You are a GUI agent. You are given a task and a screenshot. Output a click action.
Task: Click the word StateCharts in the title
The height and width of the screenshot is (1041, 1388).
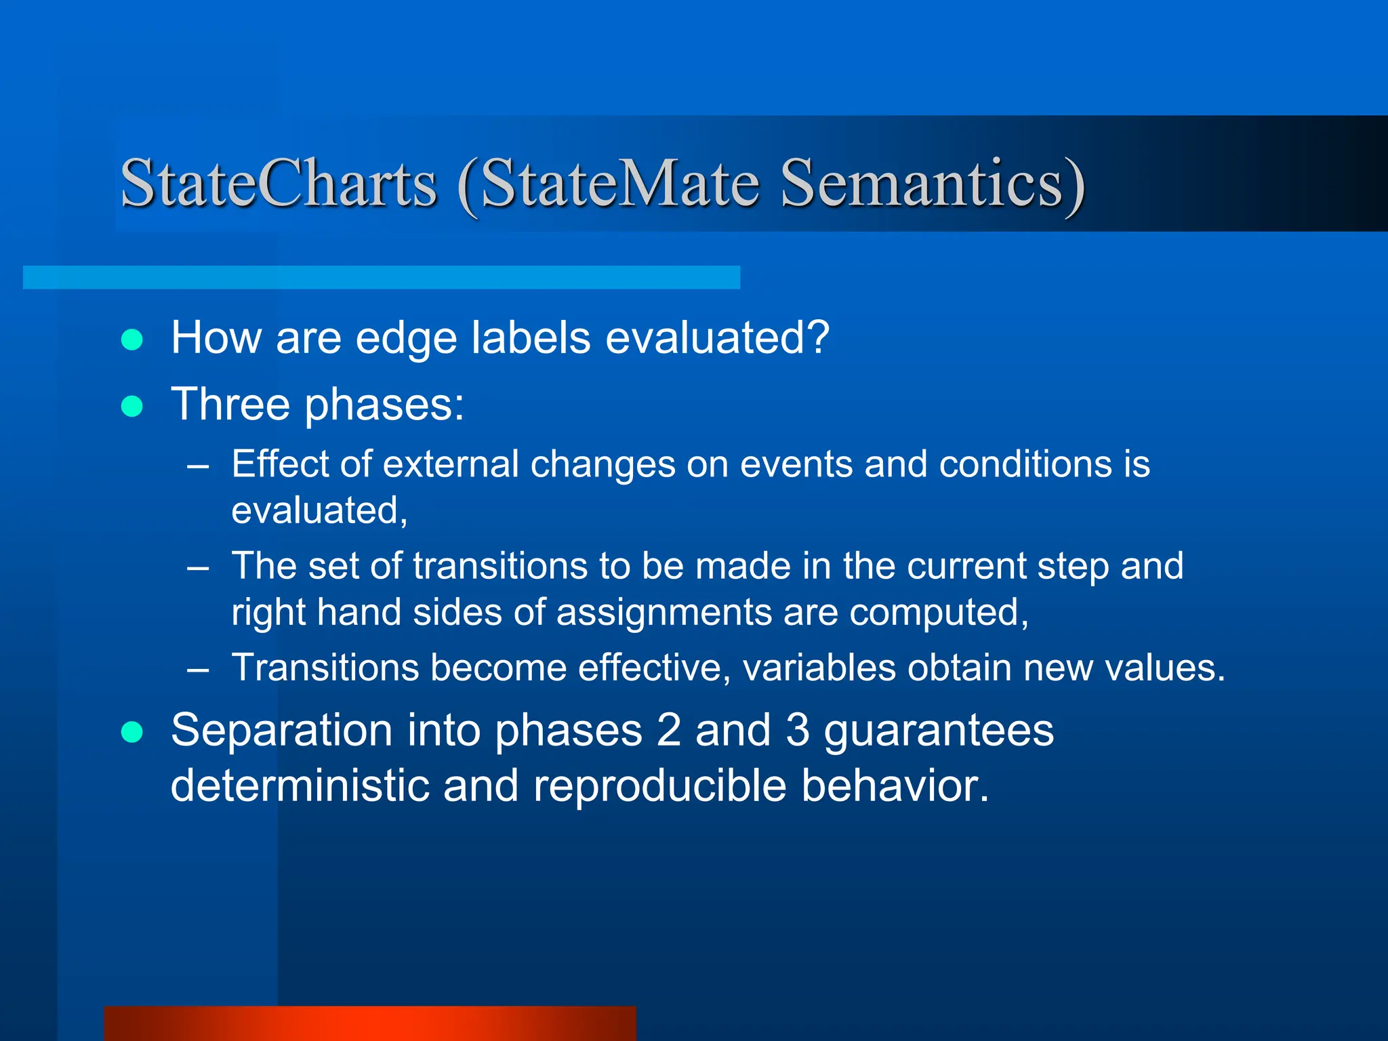pos(279,183)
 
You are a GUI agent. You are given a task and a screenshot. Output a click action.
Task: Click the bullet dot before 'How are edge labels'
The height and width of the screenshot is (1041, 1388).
pos(131,339)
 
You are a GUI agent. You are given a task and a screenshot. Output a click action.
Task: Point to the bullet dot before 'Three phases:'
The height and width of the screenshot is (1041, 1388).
pos(131,406)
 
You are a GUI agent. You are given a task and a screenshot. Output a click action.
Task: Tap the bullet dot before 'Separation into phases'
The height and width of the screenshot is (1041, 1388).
pos(131,732)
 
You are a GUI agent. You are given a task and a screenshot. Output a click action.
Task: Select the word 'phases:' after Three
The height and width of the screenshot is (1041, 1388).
pos(384,405)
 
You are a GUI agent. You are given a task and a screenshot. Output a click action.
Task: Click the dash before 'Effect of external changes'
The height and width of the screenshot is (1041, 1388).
pos(198,467)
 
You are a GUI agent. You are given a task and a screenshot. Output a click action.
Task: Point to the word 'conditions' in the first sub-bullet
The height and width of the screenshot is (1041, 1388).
pos(1025,465)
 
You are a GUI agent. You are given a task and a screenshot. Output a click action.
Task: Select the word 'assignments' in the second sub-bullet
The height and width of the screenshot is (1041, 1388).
pos(664,613)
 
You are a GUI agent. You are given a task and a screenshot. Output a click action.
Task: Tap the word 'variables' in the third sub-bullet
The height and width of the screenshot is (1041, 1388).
pos(819,668)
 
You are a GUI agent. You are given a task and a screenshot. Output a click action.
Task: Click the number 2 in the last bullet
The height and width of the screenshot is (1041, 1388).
pos(668,731)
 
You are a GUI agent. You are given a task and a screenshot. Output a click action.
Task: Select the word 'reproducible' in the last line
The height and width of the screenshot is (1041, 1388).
pos(659,786)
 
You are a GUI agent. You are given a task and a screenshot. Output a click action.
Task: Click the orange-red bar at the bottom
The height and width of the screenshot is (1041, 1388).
pos(370,1023)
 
